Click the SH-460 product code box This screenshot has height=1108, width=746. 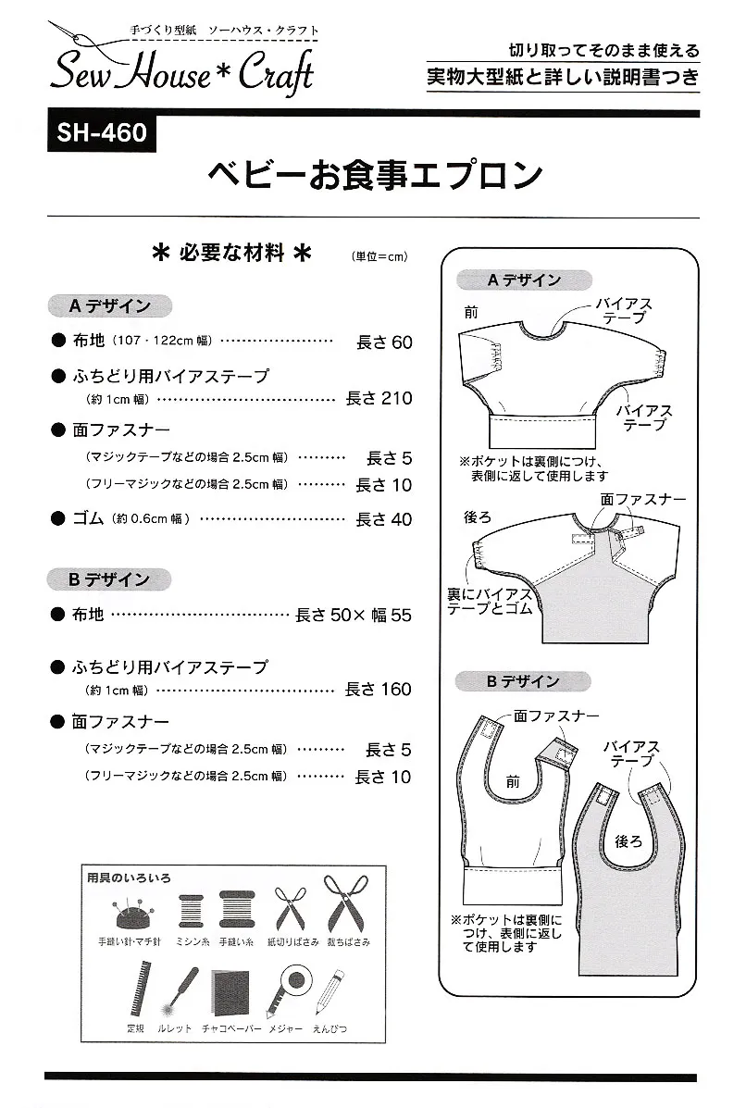click(102, 132)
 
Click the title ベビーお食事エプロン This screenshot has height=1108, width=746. click(375, 176)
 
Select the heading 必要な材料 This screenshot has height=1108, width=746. click(231, 253)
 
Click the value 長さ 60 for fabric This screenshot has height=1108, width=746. click(384, 342)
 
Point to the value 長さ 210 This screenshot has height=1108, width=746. click(379, 399)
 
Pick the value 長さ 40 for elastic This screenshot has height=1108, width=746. click(383, 520)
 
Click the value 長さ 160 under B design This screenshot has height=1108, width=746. click(378, 690)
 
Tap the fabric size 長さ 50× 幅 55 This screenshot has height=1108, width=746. click(354, 616)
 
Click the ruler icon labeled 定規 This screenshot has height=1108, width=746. click(141, 988)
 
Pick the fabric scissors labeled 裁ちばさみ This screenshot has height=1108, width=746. click(346, 903)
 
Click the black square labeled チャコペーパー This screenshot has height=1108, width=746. click(230, 992)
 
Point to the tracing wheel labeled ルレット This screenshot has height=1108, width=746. click(177, 990)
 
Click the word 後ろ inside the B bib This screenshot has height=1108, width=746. click(628, 840)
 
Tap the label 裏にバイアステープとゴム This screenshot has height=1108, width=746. click(490, 602)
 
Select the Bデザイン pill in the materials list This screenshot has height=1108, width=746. click(109, 580)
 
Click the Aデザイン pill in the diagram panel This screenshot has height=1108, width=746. click(524, 280)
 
